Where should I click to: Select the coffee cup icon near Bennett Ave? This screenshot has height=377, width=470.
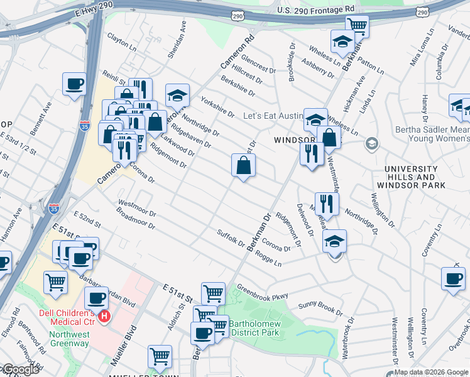coord(74,84)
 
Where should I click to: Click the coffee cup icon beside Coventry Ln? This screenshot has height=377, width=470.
coord(453,278)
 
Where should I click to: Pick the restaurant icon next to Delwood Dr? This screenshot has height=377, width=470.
coord(327,203)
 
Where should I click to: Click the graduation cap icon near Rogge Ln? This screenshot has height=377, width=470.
coord(334,241)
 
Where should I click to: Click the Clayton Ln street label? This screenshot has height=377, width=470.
coord(121,42)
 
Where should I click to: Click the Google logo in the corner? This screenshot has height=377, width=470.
coord(20,369)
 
